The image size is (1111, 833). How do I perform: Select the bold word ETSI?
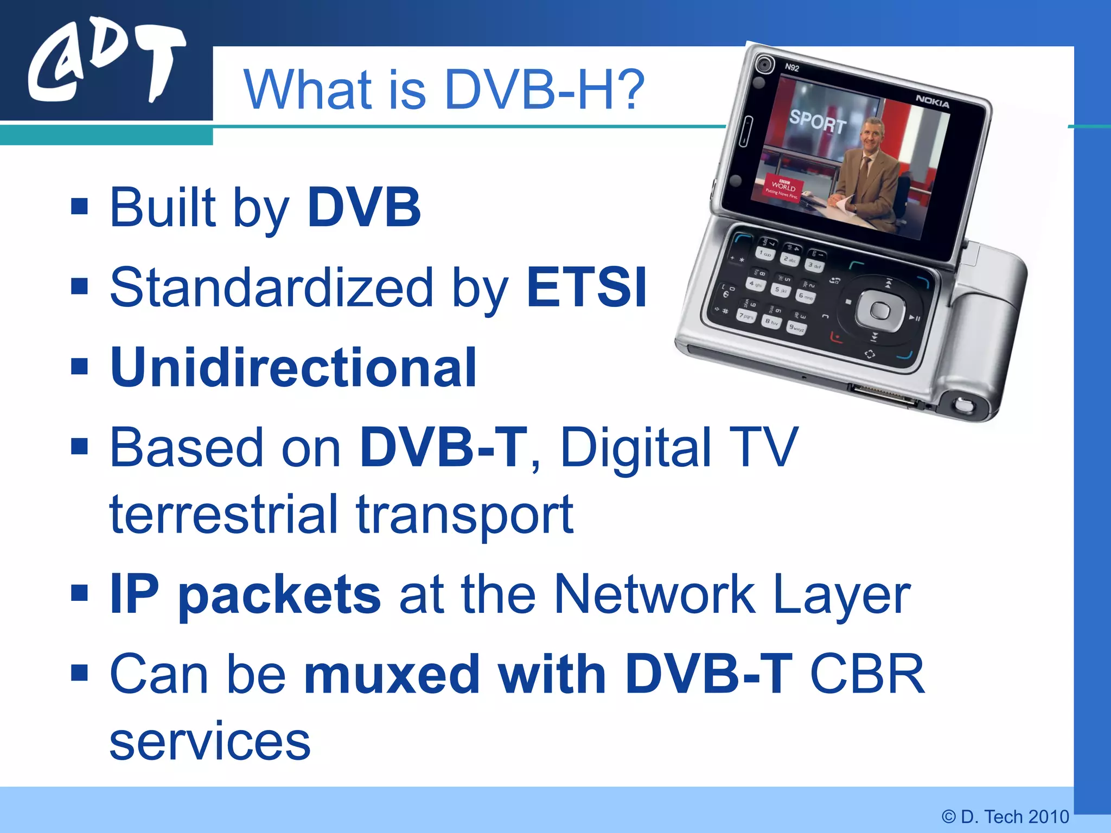click(x=586, y=287)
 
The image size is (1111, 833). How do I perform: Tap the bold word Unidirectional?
click(x=293, y=368)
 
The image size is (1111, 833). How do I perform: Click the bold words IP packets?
click(x=245, y=595)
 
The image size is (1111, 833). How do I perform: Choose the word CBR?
click(x=866, y=674)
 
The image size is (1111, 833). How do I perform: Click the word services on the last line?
click(x=210, y=741)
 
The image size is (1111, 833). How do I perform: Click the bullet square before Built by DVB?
click(x=80, y=206)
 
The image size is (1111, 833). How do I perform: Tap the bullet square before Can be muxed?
click(x=80, y=673)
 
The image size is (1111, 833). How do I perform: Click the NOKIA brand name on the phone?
click(x=932, y=101)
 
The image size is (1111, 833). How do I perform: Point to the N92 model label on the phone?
click(x=792, y=68)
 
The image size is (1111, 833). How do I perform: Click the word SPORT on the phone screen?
click(x=817, y=121)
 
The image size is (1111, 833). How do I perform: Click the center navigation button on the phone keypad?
click(x=880, y=311)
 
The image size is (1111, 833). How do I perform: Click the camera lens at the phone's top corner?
click(x=765, y=65)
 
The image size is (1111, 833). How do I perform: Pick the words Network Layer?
click(x=732, y=595)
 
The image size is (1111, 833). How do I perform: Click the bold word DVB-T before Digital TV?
click(x=443, y=447)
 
